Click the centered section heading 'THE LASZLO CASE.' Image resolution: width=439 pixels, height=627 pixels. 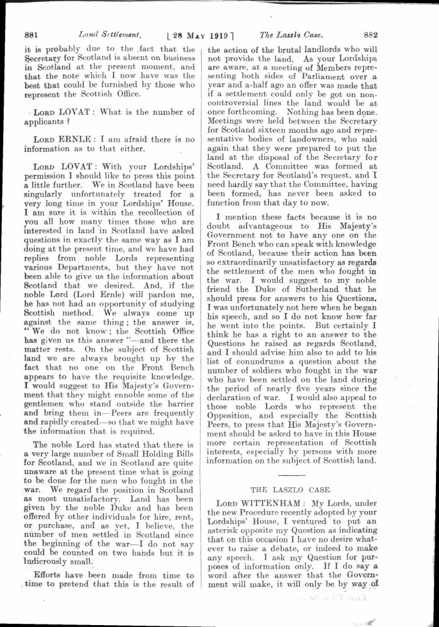coord(295,487)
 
